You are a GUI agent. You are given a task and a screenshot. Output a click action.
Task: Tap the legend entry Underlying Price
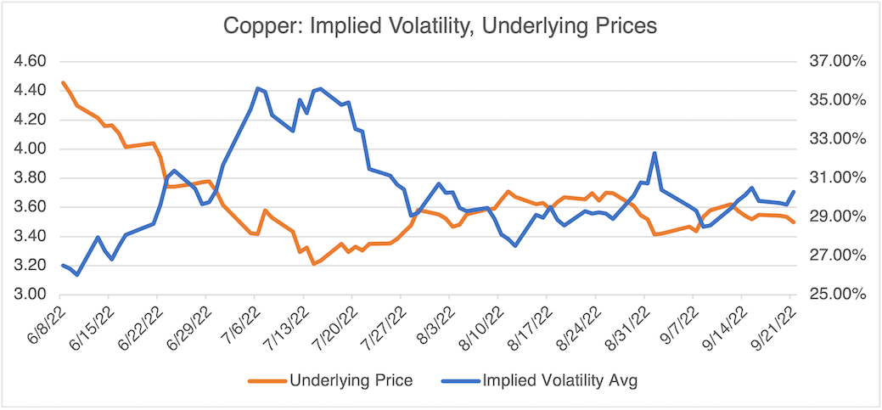pyautogui.click(x=351, y=379)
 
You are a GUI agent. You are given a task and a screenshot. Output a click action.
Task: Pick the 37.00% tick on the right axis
pyautogui.click(x=837, y=62)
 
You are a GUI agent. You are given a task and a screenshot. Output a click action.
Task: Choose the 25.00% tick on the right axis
pyautogui.click(x=837, y=295)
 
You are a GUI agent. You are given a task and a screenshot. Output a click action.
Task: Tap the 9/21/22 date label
pyautogui.click(x=774, y=323)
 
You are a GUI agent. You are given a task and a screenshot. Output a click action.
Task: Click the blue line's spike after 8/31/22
pyautogui.click(x=654, y=153)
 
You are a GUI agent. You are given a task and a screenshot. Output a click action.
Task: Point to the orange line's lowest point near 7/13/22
pyautogui.click(x=313, y=264)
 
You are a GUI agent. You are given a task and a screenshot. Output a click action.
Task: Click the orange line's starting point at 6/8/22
pyautogui.click(x=63, y=82)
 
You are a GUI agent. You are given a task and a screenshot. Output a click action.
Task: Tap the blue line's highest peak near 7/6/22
pyautogui.click(x=256, y=87)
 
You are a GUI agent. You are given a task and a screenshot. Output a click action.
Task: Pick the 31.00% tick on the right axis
pyautogui.click(x=837, y=178)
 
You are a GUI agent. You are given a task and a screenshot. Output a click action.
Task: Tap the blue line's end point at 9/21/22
pyautogui.click(x=793, y=192)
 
